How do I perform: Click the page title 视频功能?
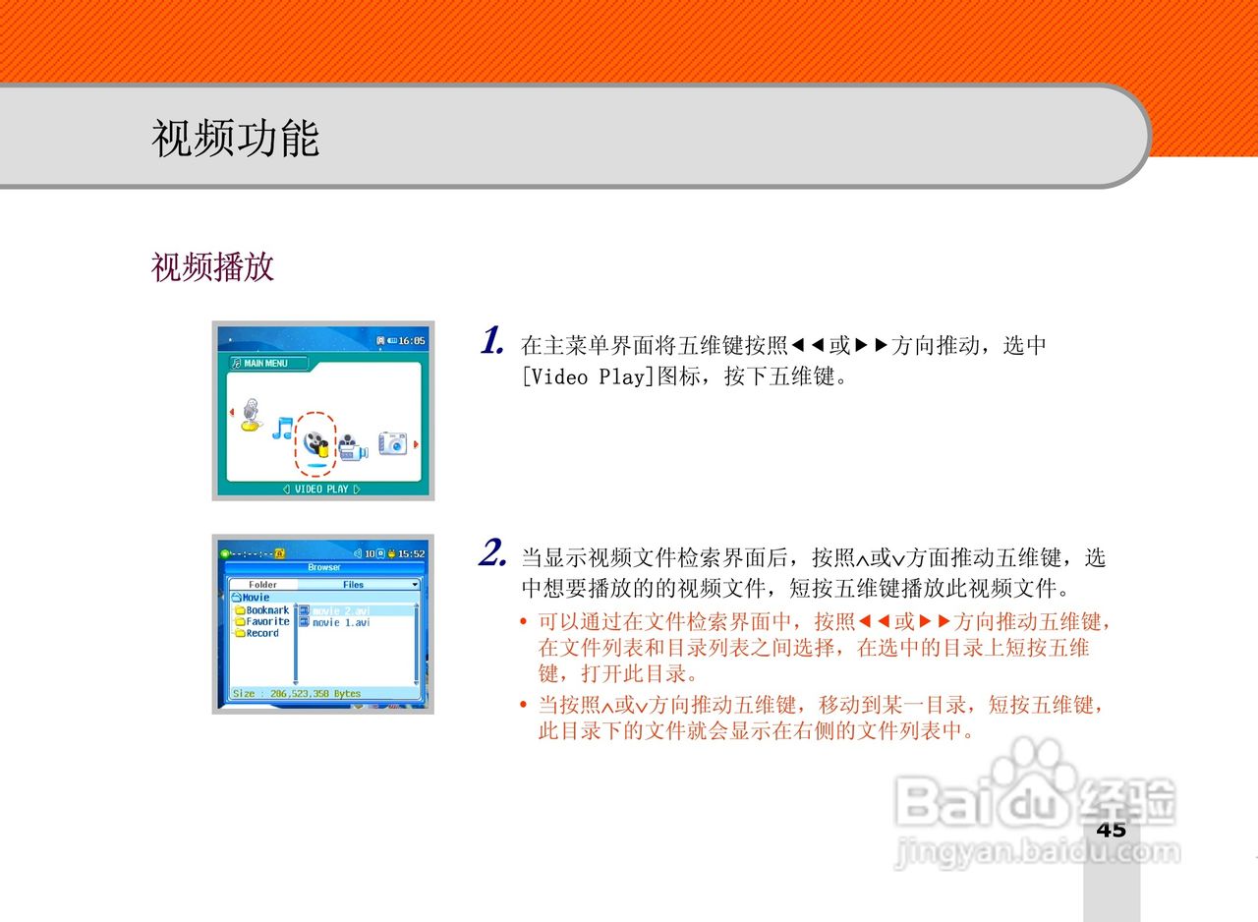(236, 138)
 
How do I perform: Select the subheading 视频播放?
(212, 266)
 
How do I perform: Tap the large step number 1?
(492, 341)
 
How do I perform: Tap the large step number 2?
(492, 553)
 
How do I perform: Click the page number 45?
(1112, 829)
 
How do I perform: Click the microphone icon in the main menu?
(253, 416)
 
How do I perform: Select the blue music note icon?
(283, 428)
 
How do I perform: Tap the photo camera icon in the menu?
(393, 442)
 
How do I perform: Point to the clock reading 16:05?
(411, 340)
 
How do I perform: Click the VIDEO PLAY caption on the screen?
(321, 489)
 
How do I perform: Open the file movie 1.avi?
(340, 622)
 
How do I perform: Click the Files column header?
(354, 584)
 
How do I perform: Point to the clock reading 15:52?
(411, 553)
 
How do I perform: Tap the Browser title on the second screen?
(323, 567)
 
